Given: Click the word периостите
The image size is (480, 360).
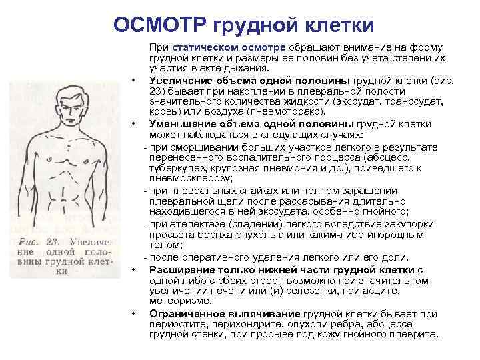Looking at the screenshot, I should tap(179, 324).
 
